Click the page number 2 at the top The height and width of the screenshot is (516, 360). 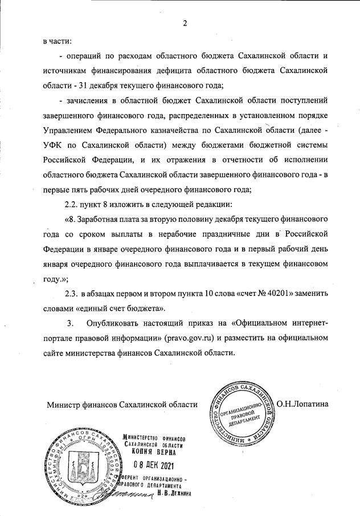185,23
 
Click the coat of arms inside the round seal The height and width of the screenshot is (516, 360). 87,465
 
